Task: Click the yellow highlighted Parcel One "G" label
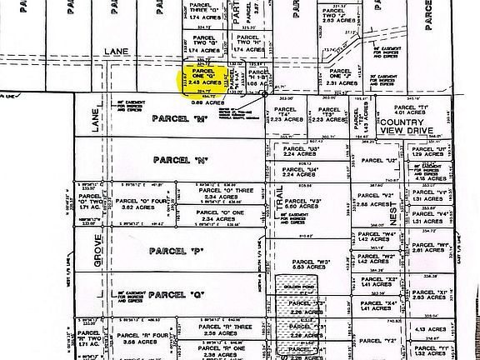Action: tap(204, 77)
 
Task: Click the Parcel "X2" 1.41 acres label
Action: tap(385, 283)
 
